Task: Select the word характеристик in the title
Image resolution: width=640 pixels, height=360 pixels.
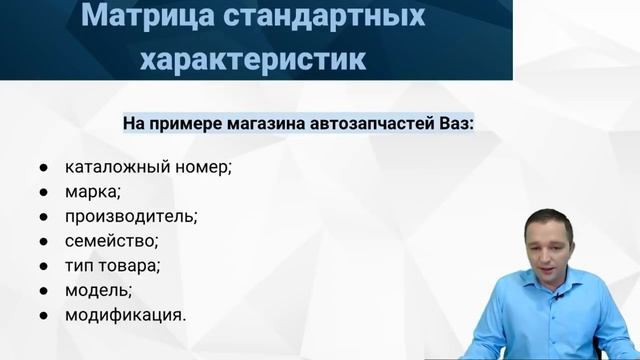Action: [255, 58]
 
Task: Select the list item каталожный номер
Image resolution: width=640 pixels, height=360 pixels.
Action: [148, 165]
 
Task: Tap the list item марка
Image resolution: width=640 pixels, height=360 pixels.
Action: [92, 190]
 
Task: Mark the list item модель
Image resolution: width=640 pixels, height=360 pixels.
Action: [97, 290]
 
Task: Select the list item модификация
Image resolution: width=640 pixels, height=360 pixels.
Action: [124, 314]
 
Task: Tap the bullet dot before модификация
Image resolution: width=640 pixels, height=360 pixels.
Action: [45, 315]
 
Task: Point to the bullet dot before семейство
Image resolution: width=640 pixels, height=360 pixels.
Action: [45, 241]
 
